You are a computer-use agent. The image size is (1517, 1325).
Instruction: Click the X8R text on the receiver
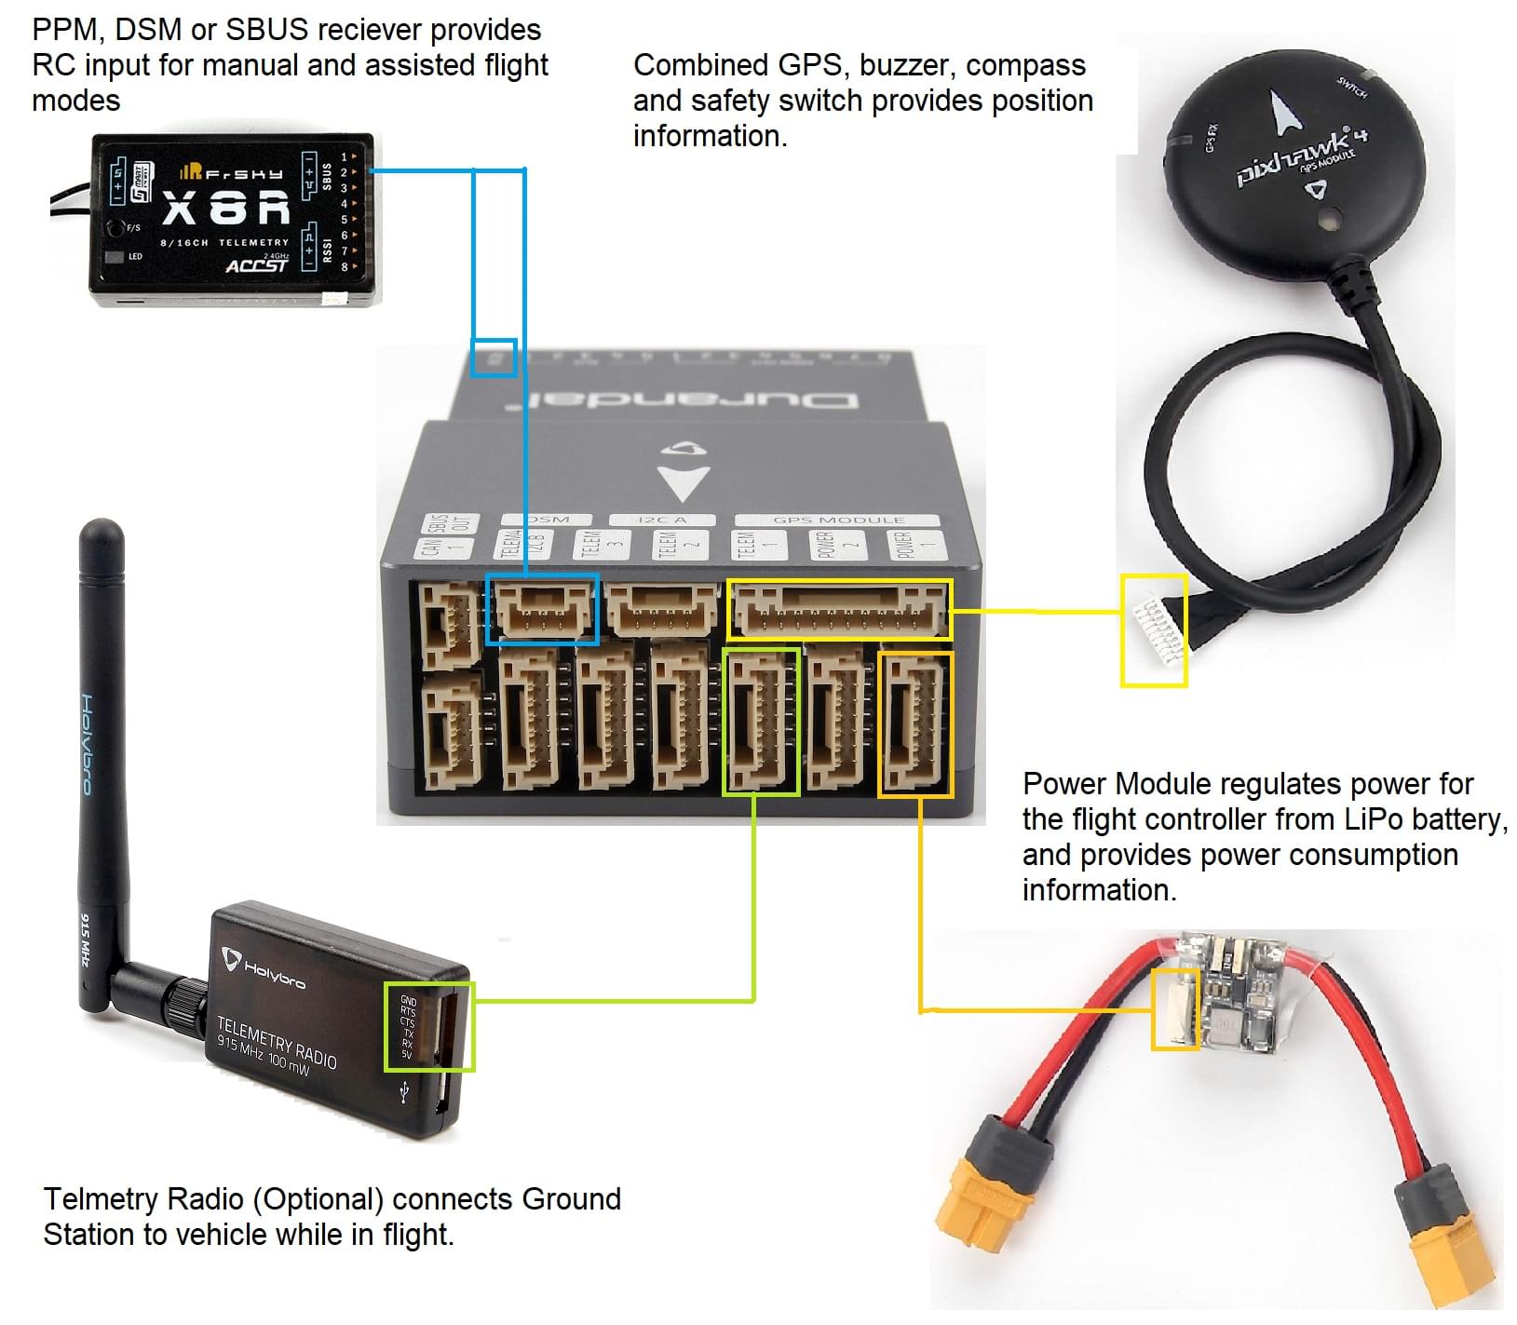226,209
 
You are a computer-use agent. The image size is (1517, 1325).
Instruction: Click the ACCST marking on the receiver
256,266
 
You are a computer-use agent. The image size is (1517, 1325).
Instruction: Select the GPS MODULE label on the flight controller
838,520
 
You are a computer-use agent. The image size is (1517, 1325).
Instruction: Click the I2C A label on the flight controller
662,520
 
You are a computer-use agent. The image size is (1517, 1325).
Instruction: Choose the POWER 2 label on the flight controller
826,545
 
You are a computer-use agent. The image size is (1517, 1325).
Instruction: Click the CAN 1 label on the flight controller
431,545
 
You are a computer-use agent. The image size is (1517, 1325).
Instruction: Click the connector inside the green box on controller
760,722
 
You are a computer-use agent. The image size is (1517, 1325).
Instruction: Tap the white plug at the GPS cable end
1152,629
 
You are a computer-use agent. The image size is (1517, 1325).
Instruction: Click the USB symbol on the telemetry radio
404,1091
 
